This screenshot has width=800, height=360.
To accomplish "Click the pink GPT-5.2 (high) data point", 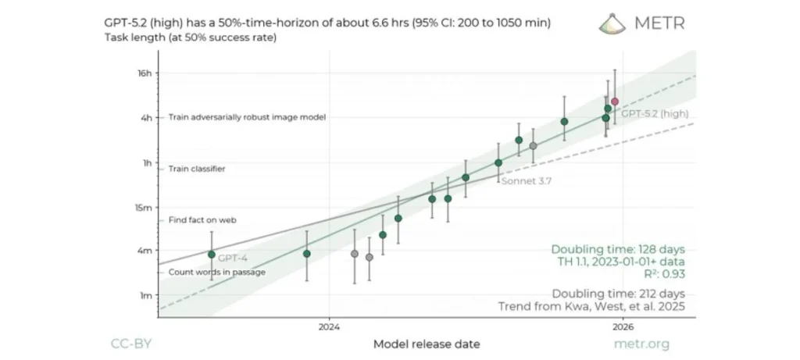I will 615,102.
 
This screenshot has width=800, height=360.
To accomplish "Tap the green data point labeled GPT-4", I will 211,255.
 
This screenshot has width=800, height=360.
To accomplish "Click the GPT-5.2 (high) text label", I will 655,114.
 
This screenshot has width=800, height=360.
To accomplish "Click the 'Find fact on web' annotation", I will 202,220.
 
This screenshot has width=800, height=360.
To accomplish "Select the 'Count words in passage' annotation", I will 217,272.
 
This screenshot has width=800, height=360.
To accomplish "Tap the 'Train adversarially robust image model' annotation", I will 247,117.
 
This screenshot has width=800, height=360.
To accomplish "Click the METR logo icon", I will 612,23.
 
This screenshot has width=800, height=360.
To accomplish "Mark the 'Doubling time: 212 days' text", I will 618,293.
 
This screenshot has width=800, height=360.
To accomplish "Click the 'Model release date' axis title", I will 427,344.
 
